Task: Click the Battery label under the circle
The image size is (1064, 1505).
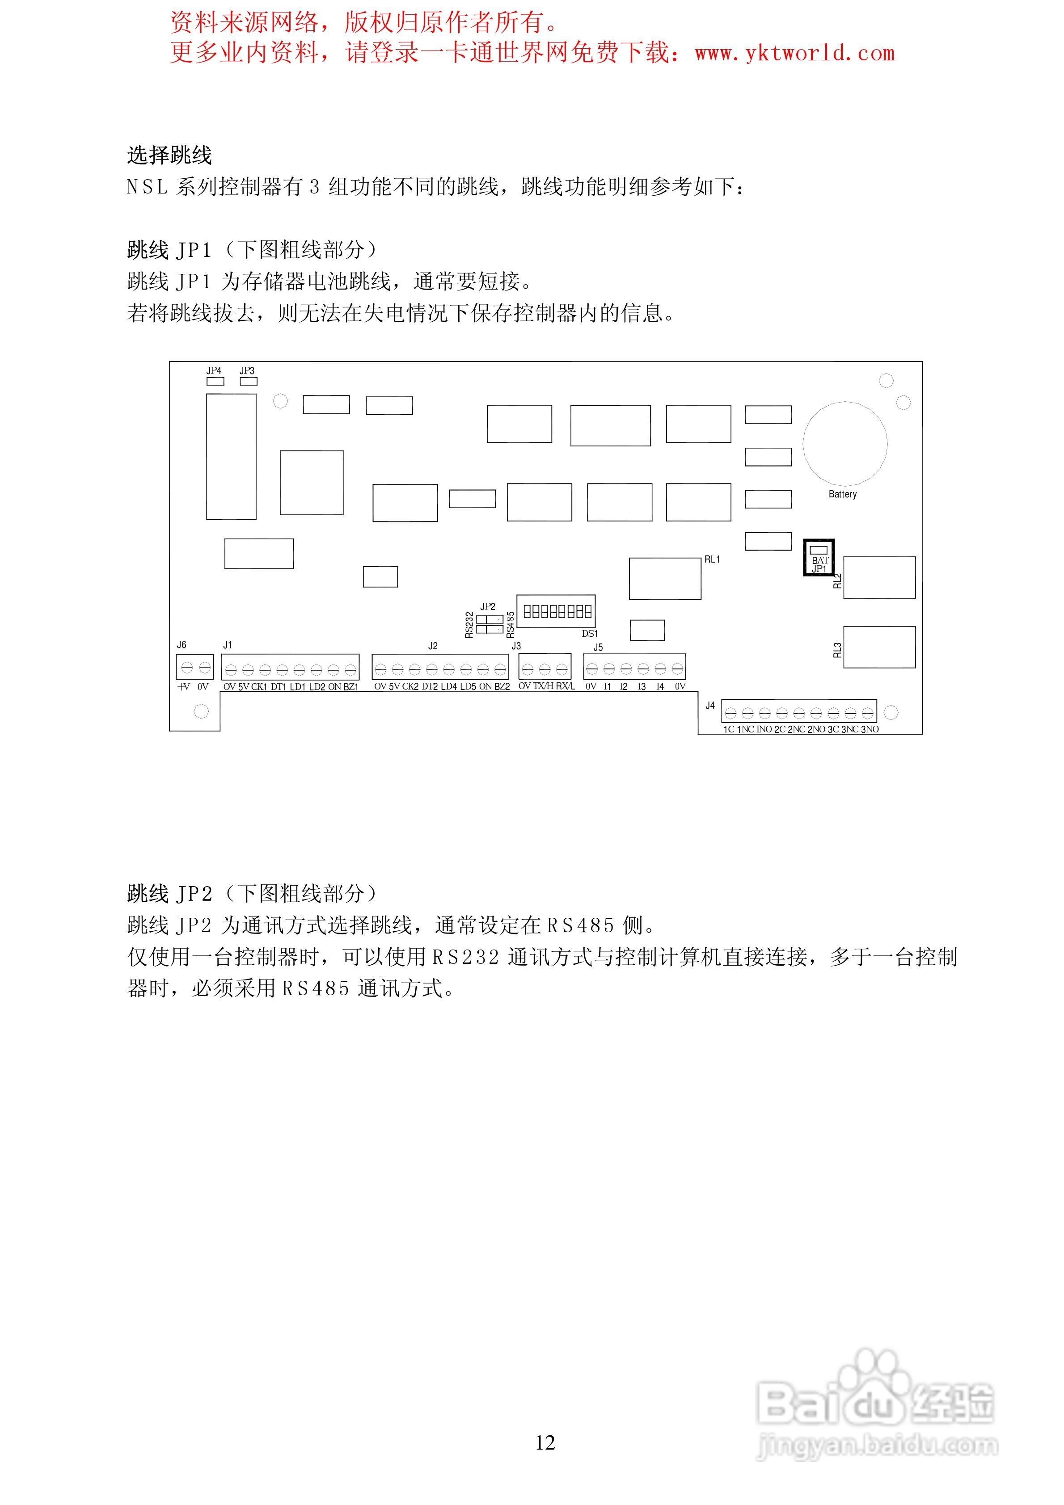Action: (842, 494)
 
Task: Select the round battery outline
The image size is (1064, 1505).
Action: (845, 444)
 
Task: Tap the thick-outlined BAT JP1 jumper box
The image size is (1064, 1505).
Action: (819, 558)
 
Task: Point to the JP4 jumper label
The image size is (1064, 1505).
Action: (214, 370)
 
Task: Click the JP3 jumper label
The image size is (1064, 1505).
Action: (247, 370)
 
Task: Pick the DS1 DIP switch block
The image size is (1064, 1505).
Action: (556, 612)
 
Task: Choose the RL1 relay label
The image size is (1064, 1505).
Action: (712, 559)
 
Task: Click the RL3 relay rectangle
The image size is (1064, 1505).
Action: (879, 647)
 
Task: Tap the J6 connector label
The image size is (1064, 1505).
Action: (182, 644)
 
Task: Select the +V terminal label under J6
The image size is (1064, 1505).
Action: (184, 686)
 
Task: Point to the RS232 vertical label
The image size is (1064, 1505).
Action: (469, 625)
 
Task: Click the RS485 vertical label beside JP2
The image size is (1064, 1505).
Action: (511, 625)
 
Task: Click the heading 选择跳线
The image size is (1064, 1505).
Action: (169, 156)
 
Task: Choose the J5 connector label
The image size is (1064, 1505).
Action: (598, 647)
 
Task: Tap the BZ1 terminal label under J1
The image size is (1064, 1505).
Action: (351, 687)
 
